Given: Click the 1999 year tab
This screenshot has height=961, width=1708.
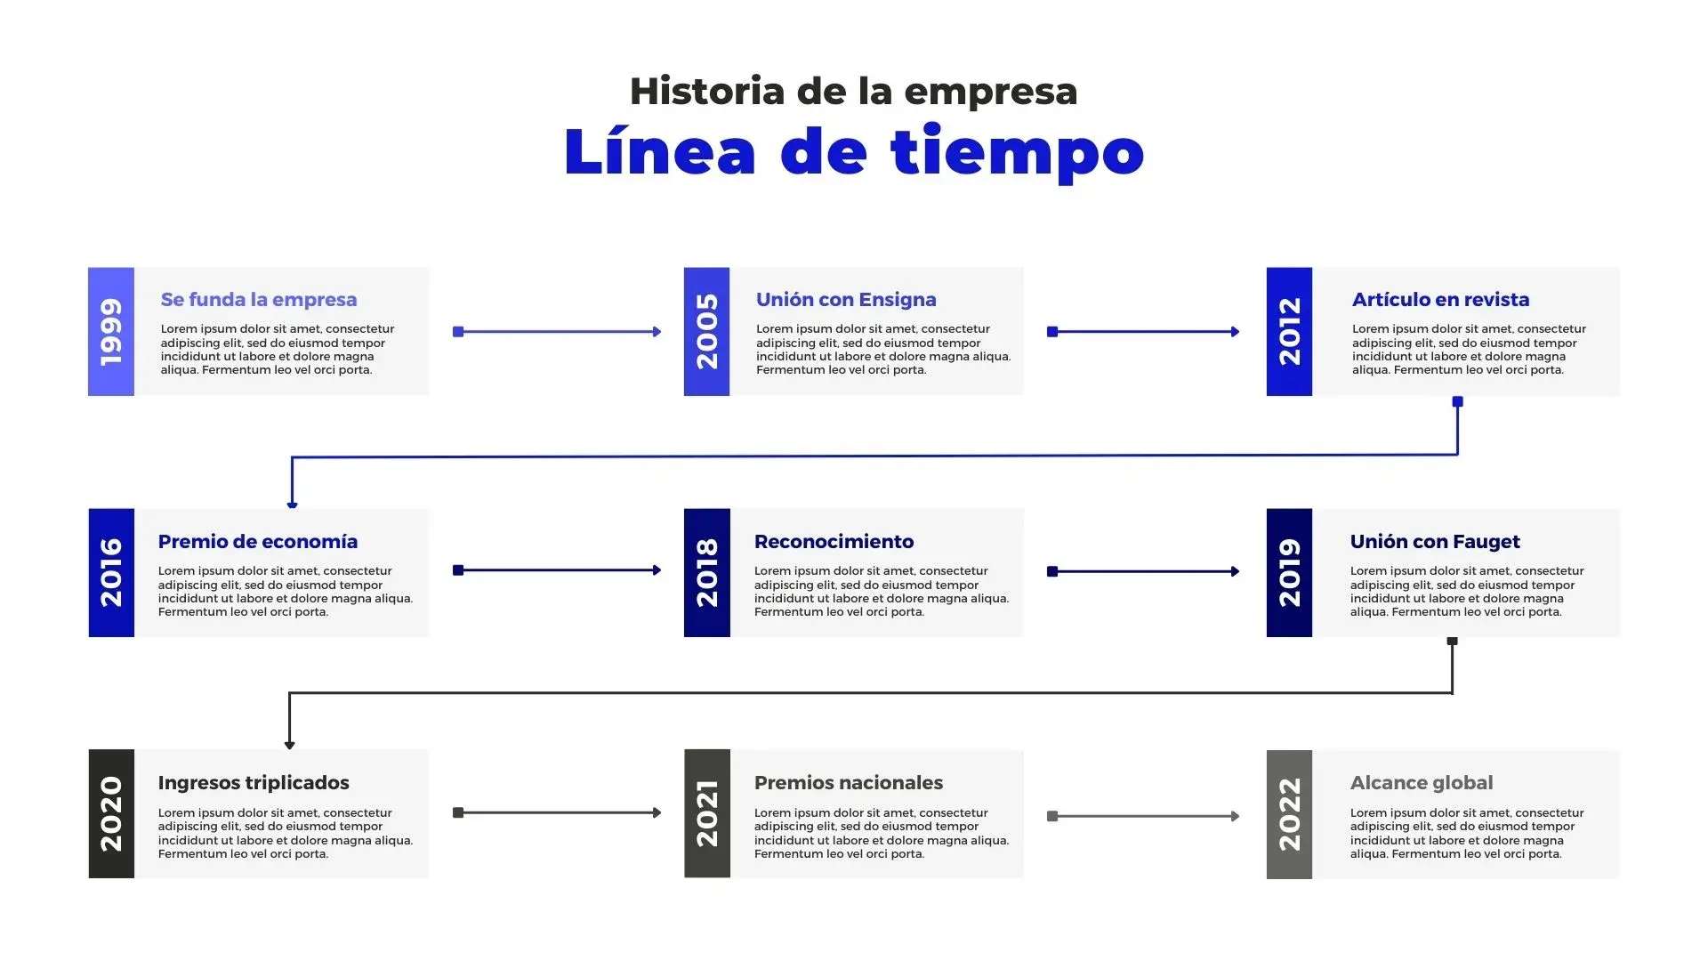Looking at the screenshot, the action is point(111,331).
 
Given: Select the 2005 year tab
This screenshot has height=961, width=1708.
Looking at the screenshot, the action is point(706,331).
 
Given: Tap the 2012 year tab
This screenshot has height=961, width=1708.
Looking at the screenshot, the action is point(1289,331).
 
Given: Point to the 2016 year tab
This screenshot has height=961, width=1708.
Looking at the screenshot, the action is point(111,572).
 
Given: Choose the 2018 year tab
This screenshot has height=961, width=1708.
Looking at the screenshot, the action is point(706,572).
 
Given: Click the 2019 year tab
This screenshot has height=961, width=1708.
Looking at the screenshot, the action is point(1289,572).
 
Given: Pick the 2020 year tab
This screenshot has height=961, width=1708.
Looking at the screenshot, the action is point(111,813).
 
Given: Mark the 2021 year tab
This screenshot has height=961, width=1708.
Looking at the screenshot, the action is point(706,813).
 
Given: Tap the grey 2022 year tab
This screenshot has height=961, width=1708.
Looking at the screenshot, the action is point(1289,814).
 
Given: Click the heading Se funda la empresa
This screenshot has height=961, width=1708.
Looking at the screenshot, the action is point(259,300).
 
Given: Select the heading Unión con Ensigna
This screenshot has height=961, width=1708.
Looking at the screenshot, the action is point(846,300).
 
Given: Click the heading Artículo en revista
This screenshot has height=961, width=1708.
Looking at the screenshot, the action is point(1440,300).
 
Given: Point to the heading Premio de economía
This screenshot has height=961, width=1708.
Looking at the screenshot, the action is point(258,542).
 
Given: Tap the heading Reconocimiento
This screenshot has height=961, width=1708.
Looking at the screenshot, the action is point(834,542).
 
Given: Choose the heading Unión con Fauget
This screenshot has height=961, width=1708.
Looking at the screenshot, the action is point(1435,542).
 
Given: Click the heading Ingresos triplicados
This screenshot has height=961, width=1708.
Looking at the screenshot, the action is point(254,783).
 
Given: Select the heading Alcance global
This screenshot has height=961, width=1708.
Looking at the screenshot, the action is point(1422,783).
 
